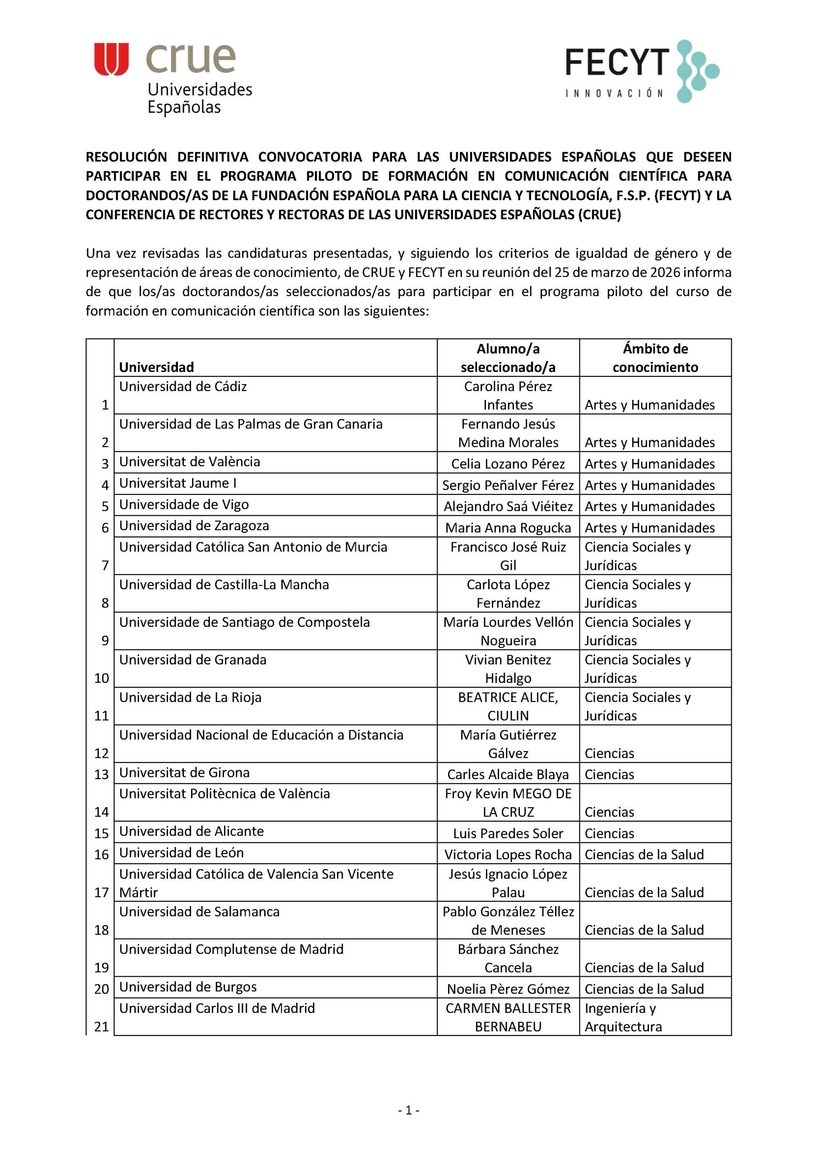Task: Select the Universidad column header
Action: click(x=156, y=367)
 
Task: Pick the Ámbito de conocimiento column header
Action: click(x=655, y=358)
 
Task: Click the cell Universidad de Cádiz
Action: click(x=183, y=386)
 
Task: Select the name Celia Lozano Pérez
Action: click(x=508, y=464)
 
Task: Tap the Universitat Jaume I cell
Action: click(x=177, y=483)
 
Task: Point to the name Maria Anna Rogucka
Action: click(x=508, y=527)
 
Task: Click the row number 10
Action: click(x=101, y=678)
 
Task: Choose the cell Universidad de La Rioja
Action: click(x=190, y=697)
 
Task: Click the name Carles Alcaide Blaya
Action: click(x=508, y=775)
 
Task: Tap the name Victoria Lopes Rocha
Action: click(x=508, y=855)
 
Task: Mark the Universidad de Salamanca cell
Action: click(x=199, y=912)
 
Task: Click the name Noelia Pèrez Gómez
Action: click(x=508, y=989)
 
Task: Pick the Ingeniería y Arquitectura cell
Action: click(x=623, y=1017)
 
